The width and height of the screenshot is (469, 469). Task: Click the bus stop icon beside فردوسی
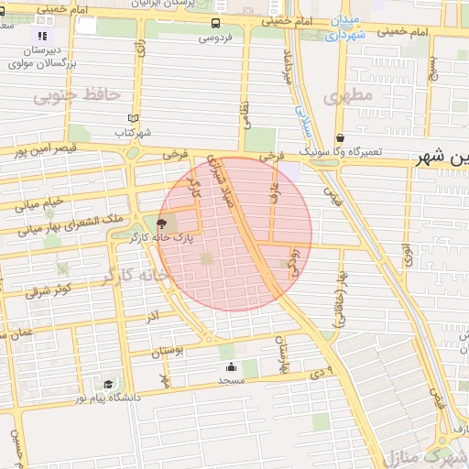214,24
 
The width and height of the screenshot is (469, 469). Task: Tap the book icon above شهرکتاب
134,119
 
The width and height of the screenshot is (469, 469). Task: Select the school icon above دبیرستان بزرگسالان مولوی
41,37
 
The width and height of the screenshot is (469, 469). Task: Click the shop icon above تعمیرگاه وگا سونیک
341,138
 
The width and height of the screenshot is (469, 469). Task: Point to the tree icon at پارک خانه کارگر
162,224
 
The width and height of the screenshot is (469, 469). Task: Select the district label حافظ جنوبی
90,94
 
